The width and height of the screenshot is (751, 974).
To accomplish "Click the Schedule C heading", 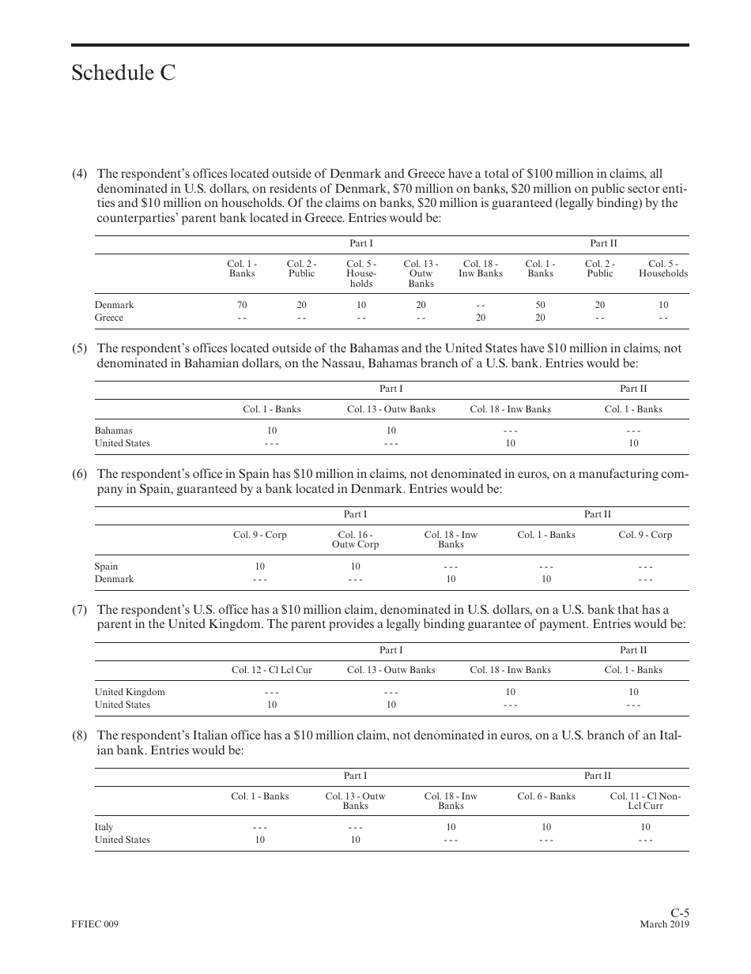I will [x=123, y=73].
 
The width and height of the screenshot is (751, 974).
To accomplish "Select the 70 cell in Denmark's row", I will [x=242, y=305].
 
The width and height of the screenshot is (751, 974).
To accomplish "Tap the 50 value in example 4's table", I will [x=540, y=305].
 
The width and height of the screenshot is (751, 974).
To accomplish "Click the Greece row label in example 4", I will [x=109, y=318].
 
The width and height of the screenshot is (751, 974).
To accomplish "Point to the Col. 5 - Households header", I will [x=662, y=269].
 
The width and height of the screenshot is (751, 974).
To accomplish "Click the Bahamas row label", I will [x=114, y=431].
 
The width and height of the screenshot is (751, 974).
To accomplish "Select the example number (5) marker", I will [x=79, y=348].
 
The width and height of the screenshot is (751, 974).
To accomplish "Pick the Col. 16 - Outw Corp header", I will [x=355, y=540].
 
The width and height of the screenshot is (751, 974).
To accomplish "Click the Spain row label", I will [x=106, y=566].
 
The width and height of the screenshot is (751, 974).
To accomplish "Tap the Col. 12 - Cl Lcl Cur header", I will [x=271, y=670].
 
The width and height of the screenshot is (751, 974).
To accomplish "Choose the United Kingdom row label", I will [x=130, y=692].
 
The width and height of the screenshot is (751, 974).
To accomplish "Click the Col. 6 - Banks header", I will [x=546, y=796].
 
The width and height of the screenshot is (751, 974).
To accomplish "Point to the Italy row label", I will [x=104, y=827].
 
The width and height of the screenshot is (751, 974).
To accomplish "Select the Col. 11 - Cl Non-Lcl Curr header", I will [x=645, y=801].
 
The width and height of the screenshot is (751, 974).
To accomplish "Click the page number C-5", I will [x=680, y=913].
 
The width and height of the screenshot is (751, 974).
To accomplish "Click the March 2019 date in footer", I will [x=664, y=925].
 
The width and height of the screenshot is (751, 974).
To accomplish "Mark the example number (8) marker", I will [x=79, y=735].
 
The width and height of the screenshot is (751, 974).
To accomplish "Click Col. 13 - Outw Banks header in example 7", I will [x=391, y=670].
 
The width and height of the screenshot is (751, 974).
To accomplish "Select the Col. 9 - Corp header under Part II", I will [x=645, y=535].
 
